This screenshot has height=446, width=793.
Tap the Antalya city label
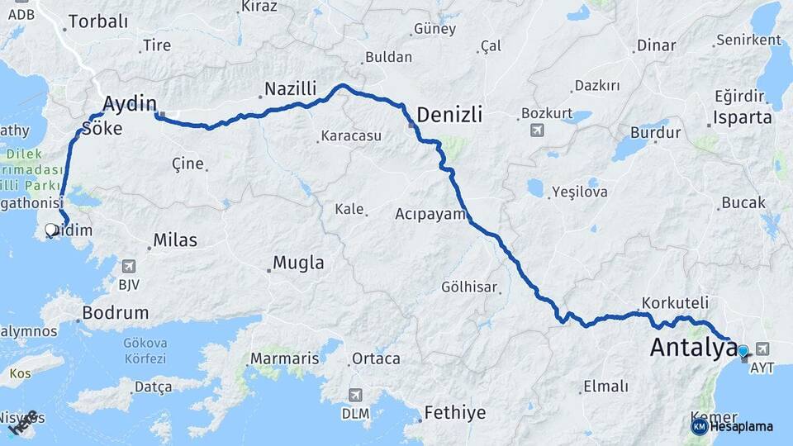point(693,347)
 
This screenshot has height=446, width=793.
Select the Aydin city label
point(130,103)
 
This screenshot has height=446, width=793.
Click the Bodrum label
point(116,313)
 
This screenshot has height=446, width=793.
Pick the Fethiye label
point(454,411)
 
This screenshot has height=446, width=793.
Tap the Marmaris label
point(284,358)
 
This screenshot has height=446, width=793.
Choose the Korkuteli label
point(675,302)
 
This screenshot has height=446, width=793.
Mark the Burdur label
point(655,132)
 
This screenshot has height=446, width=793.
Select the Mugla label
point(297,264)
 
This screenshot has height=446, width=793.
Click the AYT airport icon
point(761,349)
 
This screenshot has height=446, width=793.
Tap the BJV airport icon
point(128,266)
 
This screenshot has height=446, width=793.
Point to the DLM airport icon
point(355,395)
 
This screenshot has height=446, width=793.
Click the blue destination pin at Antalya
point(743,352)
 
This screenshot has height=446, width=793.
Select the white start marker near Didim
point(51,230)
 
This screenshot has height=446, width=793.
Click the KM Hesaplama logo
point(732,426)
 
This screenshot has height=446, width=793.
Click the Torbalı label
point(98,21)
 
